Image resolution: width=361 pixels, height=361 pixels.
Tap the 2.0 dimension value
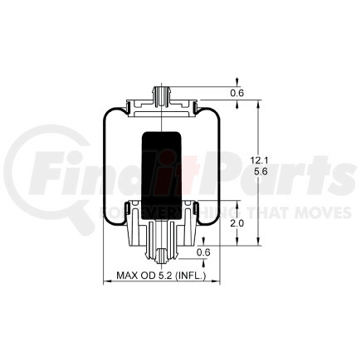pos(238,223)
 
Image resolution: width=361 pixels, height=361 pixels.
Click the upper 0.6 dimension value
pos(237,93)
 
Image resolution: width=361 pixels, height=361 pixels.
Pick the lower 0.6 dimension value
pos(203,252)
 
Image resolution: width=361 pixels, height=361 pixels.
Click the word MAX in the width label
pos(126,276)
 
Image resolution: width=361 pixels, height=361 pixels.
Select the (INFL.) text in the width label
pos(190,276)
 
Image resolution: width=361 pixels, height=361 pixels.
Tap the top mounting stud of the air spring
pos(161,96)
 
